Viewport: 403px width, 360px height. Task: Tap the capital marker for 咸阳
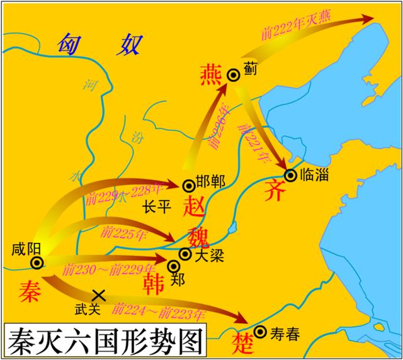(37, 263)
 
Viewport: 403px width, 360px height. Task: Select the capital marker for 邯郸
(188, 185)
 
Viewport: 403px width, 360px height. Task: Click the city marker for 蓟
(234, 75)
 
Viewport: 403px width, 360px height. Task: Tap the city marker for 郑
(174, 264)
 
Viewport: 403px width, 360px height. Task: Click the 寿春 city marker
(259, 332)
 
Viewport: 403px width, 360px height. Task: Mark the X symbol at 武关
(98, 295)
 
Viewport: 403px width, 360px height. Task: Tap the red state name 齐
(275, 190)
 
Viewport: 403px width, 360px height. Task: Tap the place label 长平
(156, 208)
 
